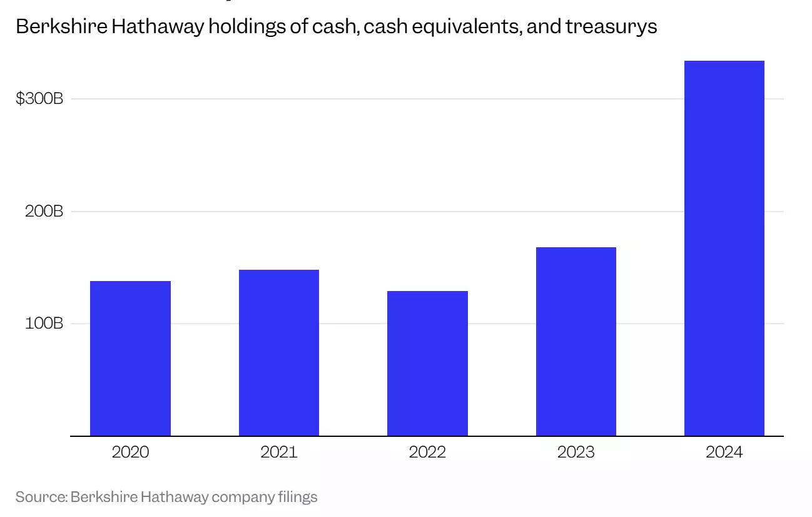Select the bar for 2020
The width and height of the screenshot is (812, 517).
pos(130,358)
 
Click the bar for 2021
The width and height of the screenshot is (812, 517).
pos(279,352)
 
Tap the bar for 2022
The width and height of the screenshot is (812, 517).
pos(427,363)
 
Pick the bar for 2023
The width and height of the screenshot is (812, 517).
pos(576,341)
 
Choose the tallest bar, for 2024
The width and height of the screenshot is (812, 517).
pos(724,248)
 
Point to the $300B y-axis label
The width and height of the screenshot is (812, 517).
pos(39,99)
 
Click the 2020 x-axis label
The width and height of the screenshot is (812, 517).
pos(130,452)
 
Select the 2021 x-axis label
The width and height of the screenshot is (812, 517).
pos(279,452)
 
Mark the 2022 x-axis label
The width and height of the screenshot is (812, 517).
pos(427,452)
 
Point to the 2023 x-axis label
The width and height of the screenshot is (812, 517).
pos(576,452)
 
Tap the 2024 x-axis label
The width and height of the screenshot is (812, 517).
pos(724,452)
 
